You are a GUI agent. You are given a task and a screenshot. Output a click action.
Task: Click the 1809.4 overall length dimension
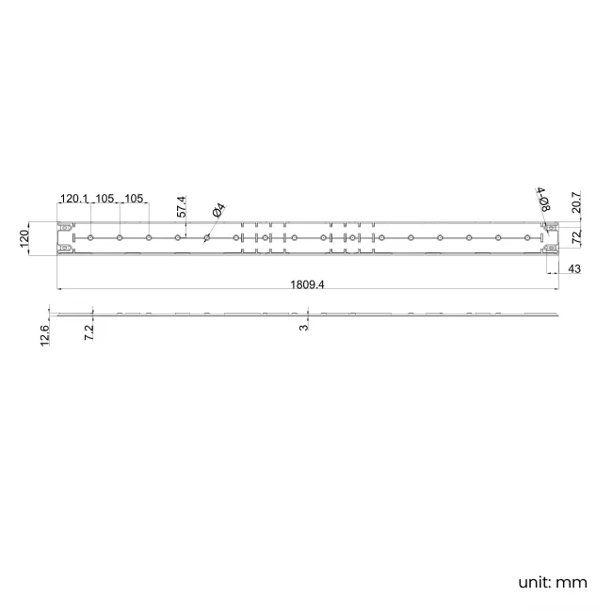[307, 284]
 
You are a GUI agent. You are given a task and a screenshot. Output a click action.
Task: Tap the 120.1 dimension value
[74, 199]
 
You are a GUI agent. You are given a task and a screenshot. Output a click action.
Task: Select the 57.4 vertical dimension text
[182, 206]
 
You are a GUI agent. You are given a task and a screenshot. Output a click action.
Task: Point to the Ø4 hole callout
[219, 210]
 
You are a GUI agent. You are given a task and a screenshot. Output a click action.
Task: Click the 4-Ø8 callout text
[543, 199]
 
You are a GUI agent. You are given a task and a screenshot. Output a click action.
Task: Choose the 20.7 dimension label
[576, 201]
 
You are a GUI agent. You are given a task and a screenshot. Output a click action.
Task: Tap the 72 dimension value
[576, 237]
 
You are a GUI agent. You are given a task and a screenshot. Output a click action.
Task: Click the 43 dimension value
[574, 268]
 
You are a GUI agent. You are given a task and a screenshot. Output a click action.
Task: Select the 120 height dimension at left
[24, 238]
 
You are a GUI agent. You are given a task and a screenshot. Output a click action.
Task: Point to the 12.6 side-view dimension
[45, 335]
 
